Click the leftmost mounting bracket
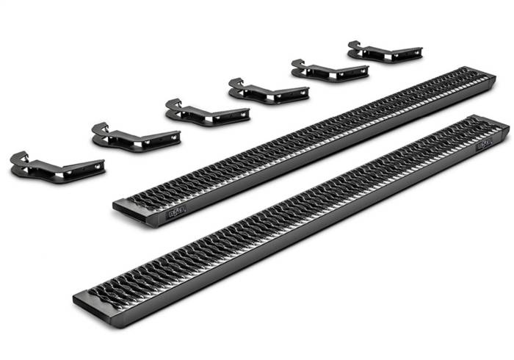[x=55, y=166]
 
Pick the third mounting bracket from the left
[x=206, y=112]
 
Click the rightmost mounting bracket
[x=383, y=51]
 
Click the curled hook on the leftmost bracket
[x=19, y=157]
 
